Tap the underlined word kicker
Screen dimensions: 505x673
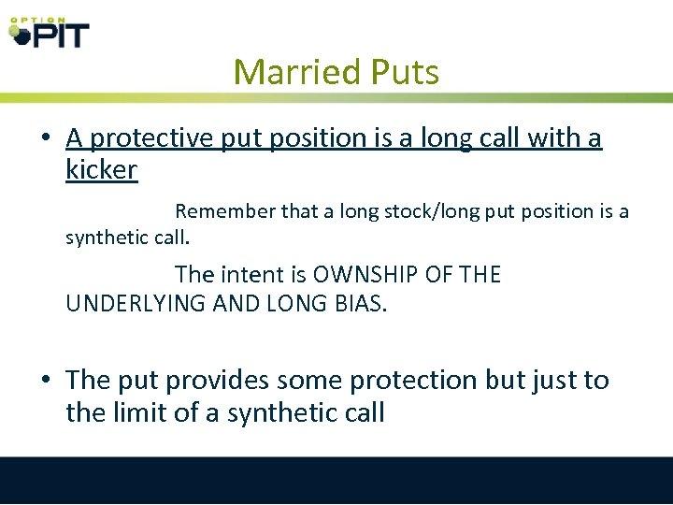[102, 170]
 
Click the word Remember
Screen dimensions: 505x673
[224, 211]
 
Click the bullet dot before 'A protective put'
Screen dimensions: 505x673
[46, 139]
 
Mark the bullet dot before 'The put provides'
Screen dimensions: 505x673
[46, 382]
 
